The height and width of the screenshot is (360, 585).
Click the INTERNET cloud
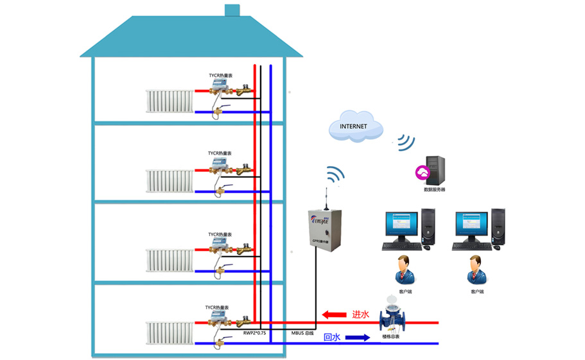click(x=353, y=126)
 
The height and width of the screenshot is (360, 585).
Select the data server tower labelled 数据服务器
click(x=434, y=171)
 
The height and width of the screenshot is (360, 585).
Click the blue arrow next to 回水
click(x=357, y=337)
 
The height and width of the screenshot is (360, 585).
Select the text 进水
click(x=360, y=315)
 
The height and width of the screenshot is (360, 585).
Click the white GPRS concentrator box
click(x=324, y=228)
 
